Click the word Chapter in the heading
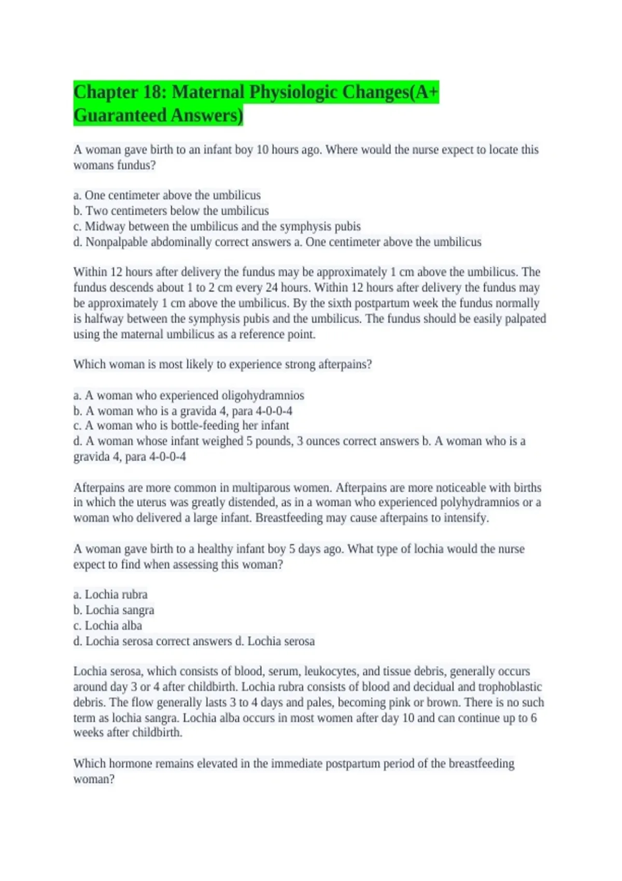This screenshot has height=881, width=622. (106, 92)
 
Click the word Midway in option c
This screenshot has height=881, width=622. (105, 226)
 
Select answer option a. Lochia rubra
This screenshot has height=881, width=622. (110, 594)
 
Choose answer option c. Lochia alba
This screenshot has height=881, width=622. (108, 626)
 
